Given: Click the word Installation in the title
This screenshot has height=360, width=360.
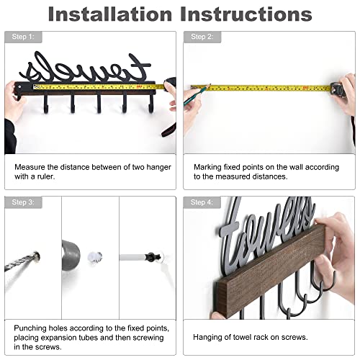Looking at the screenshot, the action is (x=110, y=14).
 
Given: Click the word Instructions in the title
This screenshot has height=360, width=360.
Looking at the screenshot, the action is (x=246, y=14).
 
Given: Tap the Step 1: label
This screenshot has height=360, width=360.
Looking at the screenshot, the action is (x=23, y=37).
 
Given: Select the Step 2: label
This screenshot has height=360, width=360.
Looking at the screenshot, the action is (x=202, y=37).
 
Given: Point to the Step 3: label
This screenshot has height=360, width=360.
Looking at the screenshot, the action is (x=23, y=202).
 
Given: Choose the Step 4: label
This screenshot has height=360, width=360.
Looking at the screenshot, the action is (x=202, y=202).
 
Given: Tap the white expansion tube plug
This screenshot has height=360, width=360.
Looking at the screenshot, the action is (x=95, y=257).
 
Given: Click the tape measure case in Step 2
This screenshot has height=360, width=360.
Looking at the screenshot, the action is (x=338, y=89).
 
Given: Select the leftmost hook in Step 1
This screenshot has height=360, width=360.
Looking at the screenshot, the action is (x=45, y=104).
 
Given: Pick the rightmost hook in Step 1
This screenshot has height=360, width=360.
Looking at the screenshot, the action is (x=150, y=104).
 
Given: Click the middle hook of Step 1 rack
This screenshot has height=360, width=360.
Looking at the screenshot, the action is (x=99, y=104).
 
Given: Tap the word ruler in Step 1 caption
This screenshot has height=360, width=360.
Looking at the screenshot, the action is (x=46, y=176).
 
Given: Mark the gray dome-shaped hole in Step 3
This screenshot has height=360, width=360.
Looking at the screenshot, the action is (x=71, y=255).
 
